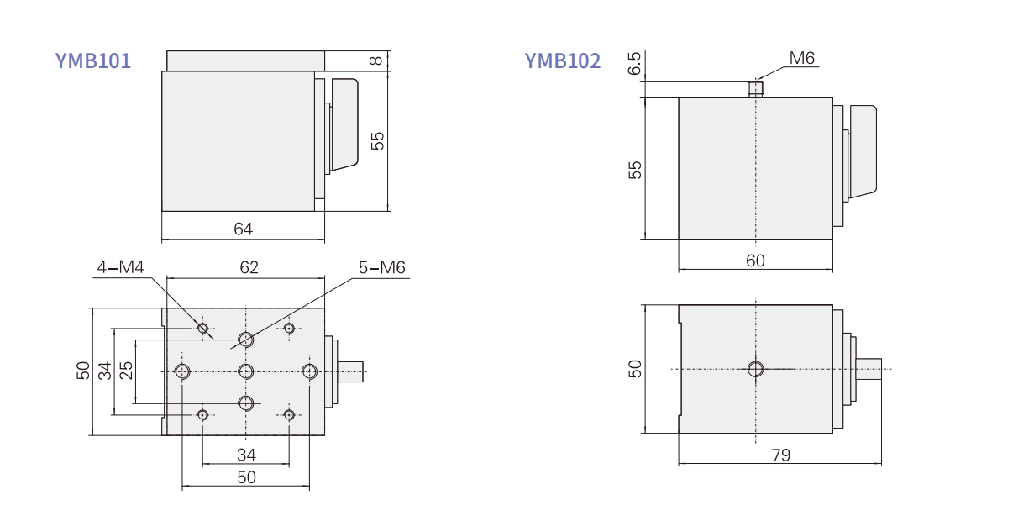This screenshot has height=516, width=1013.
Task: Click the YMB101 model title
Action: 93,61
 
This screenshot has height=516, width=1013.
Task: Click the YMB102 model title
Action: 563,61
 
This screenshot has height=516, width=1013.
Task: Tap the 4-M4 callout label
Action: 121,267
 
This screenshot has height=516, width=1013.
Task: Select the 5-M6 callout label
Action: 382,267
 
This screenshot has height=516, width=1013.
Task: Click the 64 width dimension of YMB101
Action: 243,229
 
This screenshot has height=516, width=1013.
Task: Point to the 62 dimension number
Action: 249,267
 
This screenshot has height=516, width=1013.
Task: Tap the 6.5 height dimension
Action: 635,64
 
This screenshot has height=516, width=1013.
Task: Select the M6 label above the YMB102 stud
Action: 802,58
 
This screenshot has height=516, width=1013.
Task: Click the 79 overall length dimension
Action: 780,455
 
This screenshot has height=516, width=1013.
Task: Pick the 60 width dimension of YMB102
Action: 755,261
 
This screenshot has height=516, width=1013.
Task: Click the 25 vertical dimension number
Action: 126,371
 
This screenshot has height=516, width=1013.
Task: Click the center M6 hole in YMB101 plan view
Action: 246,371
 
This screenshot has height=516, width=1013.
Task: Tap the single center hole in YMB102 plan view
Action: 755,368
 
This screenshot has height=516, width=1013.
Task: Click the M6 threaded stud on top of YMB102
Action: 756,88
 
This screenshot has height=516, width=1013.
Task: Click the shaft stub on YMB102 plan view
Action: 870,368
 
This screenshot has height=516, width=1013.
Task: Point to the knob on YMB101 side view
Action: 344,124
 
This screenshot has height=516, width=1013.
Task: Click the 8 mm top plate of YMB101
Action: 245,61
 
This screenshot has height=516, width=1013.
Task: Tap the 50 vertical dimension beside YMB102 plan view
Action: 635,368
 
